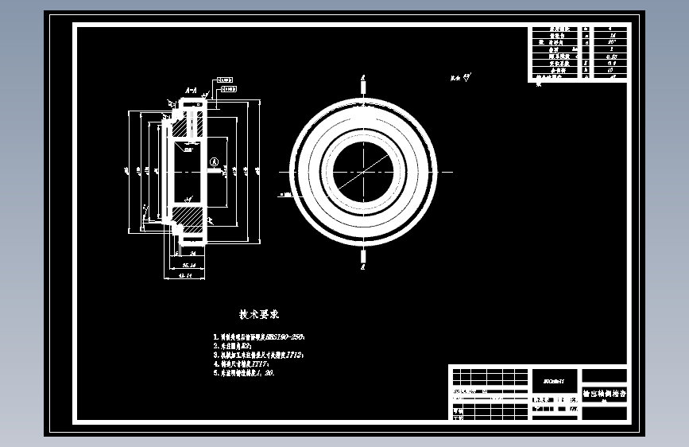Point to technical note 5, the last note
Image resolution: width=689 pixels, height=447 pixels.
(x=243, y=372)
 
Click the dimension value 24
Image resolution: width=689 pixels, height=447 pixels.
(x=193, y=253)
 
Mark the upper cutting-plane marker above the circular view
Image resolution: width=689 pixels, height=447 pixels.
(x=363, y=82)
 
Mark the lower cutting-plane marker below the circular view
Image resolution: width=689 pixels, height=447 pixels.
(x=363, y=260)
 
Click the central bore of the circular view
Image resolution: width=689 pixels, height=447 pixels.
(x=363, y=171)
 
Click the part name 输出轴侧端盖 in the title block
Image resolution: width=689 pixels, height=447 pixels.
(x=604, y=393)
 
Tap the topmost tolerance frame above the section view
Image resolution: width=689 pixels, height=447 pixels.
(x=224, y=80)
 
